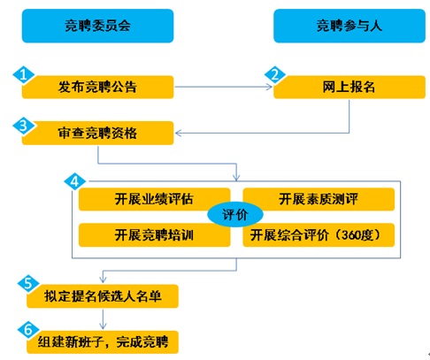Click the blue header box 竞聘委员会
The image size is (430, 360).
[97, 26]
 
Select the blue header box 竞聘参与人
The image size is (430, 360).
[349, 26]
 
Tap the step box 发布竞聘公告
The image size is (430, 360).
[97, 87]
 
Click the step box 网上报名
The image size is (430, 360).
[349, 87]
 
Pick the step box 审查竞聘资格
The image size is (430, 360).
[97, 133]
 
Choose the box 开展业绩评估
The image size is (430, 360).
[154, 199]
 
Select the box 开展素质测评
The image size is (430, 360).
[319, 199]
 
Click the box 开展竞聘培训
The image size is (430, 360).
[154, 235]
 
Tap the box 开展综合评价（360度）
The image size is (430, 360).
[319, 235]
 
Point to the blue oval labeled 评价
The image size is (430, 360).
[235, 214]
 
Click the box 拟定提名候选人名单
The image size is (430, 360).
[103, 296]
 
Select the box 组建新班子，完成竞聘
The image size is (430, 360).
[103, 342]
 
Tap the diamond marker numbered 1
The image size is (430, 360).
[24, 75]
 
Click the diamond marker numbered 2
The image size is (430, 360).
[275, 75]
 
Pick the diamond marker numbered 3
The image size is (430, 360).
[24, 126]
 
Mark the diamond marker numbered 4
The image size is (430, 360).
[75, 181]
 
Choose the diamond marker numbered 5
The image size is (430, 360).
[28, 283]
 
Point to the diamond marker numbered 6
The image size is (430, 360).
[28, 329]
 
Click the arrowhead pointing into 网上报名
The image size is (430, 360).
[269, 87]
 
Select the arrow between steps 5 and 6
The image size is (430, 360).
[103, 319]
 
